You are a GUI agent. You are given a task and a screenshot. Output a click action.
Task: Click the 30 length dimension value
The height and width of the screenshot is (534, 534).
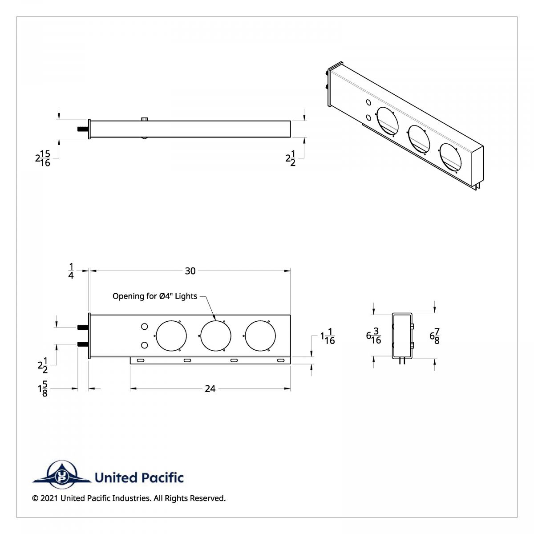click(x=190, y=271)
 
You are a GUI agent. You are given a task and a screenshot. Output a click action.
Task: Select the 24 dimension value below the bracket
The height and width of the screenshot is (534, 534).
click(x=210, y=389)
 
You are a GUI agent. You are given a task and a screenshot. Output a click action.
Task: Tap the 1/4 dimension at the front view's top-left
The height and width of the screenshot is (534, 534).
click(x=71, y=271)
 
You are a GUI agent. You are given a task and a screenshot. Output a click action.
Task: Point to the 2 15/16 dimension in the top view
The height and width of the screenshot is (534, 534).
click(x=43, y=158)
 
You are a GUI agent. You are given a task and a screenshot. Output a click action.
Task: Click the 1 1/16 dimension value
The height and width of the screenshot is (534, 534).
click(x=328, y=336)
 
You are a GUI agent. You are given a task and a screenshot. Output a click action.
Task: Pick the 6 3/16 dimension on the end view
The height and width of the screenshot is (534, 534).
click(x=373, y=336)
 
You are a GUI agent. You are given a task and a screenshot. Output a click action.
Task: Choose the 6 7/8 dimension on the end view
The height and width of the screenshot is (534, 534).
click(x=435, y=336)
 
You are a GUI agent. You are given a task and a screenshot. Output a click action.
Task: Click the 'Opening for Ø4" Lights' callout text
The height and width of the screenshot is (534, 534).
click(x=154, y=296)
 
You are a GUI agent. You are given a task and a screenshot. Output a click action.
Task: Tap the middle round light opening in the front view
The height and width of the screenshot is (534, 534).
click(x=216, y=335)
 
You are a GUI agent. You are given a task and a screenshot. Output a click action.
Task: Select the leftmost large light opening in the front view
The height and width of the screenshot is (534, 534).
click(x=171, y=335)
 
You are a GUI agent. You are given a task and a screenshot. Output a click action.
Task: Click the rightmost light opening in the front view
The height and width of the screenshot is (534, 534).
click(x=260, y=335)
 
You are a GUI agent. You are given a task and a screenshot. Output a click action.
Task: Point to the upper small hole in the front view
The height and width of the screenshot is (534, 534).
click(x=144, y=327)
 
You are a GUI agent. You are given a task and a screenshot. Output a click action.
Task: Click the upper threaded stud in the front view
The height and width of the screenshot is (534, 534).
click(x=82, y=328)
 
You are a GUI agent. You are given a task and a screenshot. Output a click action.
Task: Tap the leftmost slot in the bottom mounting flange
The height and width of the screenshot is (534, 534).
click(x=141, y=360)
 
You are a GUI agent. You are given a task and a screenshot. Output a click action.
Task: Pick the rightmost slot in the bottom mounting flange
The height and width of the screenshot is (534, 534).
click(x=281, y=360)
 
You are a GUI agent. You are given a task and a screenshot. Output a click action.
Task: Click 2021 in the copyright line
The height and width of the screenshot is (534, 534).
click(x=49, y=498)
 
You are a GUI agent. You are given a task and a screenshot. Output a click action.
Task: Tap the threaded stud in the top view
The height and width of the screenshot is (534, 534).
click(x=83, y=129)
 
